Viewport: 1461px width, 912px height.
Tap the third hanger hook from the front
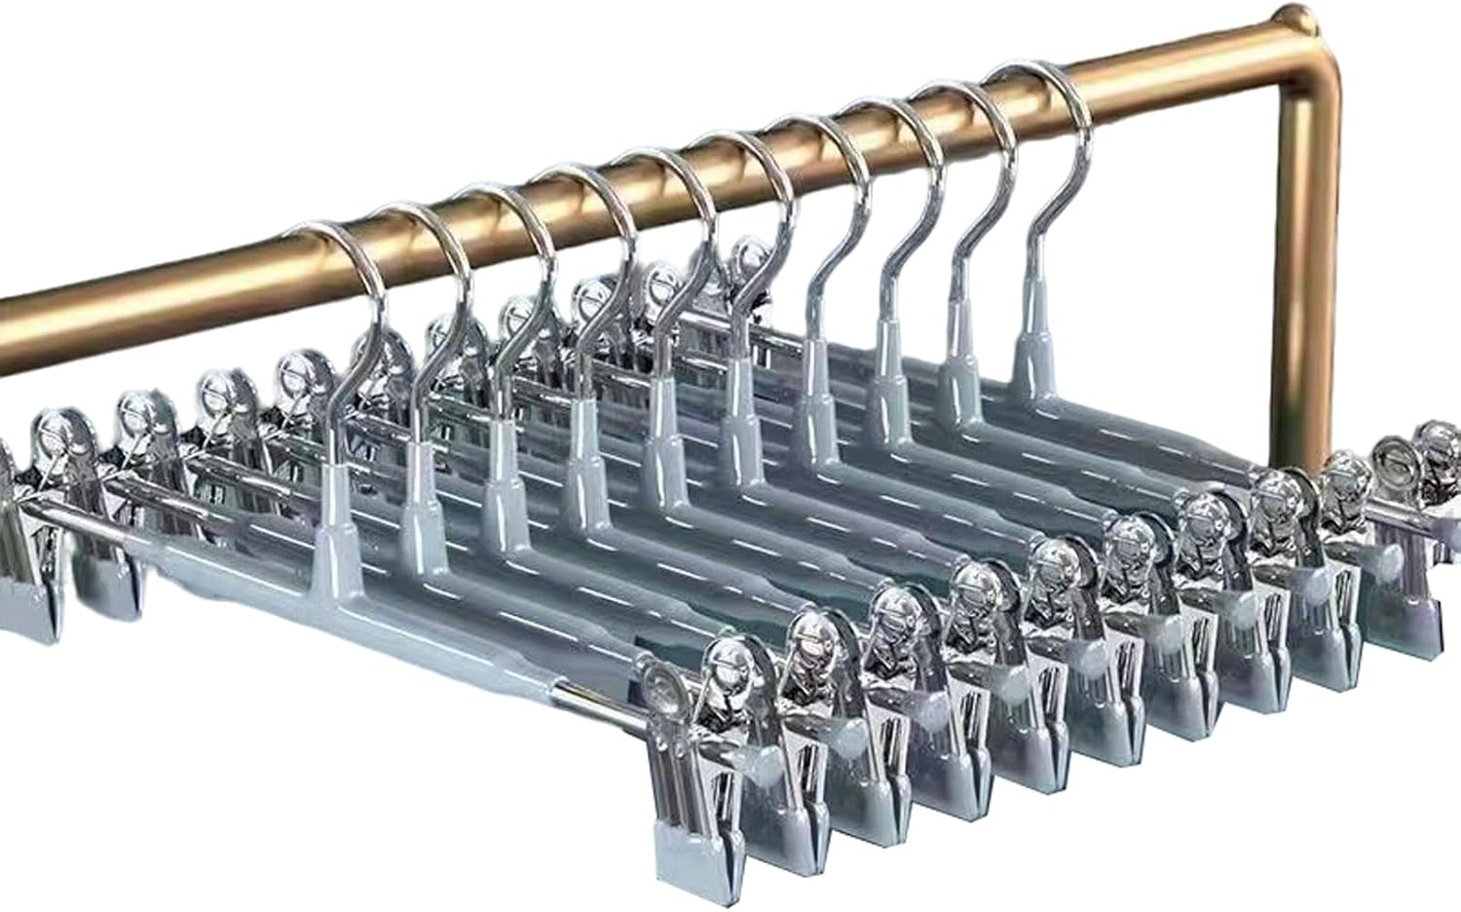click(x=516, y=234)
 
